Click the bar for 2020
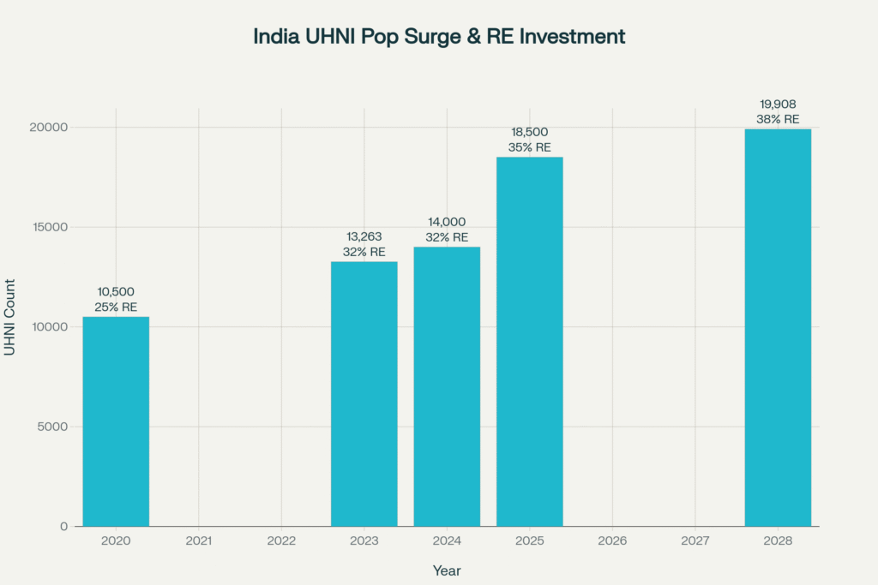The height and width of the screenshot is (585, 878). click(116, 421)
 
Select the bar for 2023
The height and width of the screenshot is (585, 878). click(364, 394)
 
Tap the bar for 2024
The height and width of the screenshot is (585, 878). click(447, 386)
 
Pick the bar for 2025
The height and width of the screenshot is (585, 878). click(530, 342)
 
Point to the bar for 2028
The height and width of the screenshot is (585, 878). click(778, 327)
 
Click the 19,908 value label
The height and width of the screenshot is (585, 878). click(778, 104)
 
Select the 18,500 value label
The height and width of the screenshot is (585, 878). click(530, 133)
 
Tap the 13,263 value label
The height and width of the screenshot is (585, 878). click(364, 237)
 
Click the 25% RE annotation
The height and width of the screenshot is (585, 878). click(116, 307)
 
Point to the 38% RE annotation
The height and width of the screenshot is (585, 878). click(778, 119)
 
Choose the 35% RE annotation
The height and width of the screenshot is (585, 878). click(530, 147)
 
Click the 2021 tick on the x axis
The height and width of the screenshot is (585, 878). click(199, 541)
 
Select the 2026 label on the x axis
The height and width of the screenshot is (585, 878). click(612, 541)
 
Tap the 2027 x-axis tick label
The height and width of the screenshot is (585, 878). click(695, 541)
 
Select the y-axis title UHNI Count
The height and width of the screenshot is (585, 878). click(10, 318)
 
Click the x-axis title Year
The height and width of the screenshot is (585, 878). click(447, 570)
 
